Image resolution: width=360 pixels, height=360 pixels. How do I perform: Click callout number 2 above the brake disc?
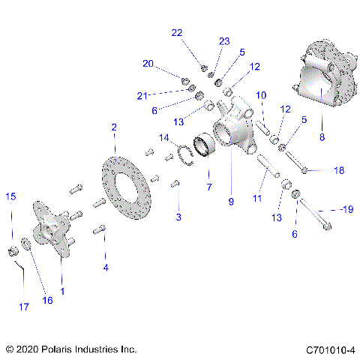[114, 127]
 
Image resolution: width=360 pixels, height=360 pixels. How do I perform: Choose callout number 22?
[176, 33]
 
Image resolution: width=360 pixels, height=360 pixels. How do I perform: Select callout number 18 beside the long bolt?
[339, 171]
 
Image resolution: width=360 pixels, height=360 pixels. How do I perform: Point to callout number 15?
[10, 196]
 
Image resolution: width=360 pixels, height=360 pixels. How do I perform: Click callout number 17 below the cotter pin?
[23, 306]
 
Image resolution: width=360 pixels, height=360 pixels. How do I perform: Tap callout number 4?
[106, 267]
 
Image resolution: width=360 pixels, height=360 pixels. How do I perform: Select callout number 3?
[178, 217]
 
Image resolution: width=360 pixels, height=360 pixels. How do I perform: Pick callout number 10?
[262, 95]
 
